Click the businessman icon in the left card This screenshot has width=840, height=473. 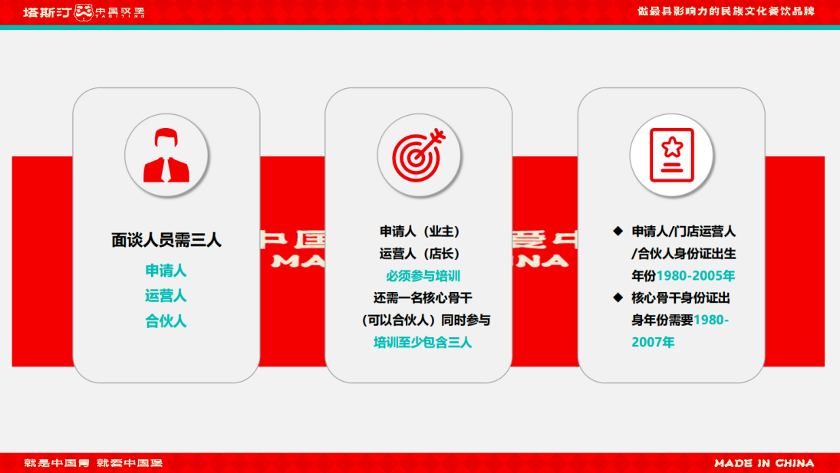point(166,156)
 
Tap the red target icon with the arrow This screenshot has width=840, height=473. point(419,156)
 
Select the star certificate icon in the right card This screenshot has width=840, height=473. point(671,156)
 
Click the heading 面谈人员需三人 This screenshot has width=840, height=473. point(166,240)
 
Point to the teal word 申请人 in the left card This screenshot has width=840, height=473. point(166,271)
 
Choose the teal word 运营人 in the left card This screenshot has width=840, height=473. point(166,296)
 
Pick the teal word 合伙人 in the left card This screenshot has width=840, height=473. point(166,321)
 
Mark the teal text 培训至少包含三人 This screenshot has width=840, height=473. point(423,343)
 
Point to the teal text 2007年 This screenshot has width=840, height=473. point(653,343)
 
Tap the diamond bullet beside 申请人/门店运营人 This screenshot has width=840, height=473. point(618,231)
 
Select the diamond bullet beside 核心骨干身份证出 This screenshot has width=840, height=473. point(618,297)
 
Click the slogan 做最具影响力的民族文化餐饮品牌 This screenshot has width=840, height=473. point(726,11)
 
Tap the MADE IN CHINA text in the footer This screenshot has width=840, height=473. point(764,463)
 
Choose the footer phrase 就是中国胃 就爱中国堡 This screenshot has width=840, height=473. point(94,463)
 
